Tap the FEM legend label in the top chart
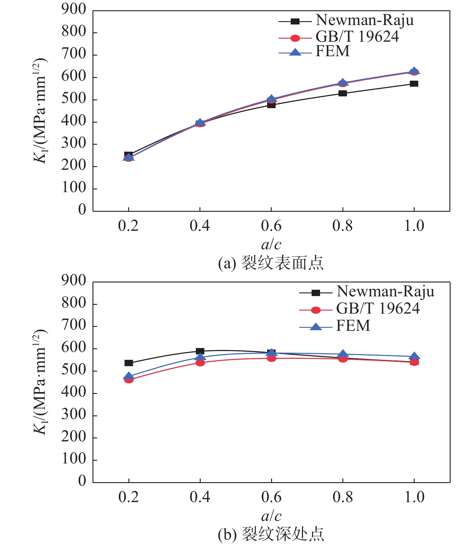coord(332,51)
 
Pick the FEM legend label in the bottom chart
coord(353,326)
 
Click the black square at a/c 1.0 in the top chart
coord(414,84)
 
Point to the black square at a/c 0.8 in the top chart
coord(343,93)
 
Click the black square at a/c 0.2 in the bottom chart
coord(129,363)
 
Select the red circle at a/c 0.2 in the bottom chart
coord(129,380)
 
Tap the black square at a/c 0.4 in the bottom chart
coord(200,351)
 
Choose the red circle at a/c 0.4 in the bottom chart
coord(200,363)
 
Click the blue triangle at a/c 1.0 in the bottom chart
coord(414,356)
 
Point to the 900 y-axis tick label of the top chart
coord(74,10)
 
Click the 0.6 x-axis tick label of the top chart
coord(271,226)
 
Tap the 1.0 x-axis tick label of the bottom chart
coord(414,497)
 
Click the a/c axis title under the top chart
coord(271,244)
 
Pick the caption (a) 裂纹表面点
coord(271,263)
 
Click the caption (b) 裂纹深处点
coord(271,534)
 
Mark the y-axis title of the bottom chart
coord(40,382)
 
